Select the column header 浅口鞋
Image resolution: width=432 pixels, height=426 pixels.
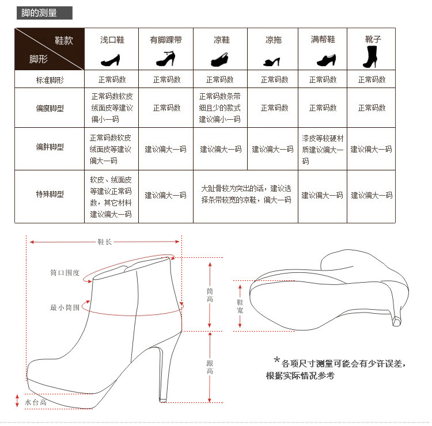click(112, 40)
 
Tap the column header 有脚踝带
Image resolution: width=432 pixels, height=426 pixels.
click(166, 40)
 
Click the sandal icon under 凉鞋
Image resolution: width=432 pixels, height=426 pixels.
click(221, 59)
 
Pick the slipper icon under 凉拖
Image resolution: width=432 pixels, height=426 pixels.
click(274, 60)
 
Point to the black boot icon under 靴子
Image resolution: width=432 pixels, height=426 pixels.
click(370, 57)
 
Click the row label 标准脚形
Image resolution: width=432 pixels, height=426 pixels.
click(50, 80)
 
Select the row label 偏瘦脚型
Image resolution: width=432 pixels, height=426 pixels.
click(50, 108)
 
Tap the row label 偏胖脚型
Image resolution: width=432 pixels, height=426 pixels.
click(50, 147)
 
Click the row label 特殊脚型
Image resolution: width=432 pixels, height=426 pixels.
click(50, 195)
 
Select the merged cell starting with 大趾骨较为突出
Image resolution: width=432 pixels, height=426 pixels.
click(246, 195)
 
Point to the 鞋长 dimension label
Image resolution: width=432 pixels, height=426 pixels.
click(104, 242)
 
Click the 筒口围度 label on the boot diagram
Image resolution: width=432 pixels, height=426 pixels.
click(65, 273)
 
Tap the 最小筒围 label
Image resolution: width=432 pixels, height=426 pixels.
click(65, 308)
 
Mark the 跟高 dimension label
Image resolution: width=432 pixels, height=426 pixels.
click(210, 367)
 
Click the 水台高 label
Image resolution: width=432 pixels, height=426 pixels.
click(36, 402)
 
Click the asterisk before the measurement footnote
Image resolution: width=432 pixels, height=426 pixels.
click(276, 361)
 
